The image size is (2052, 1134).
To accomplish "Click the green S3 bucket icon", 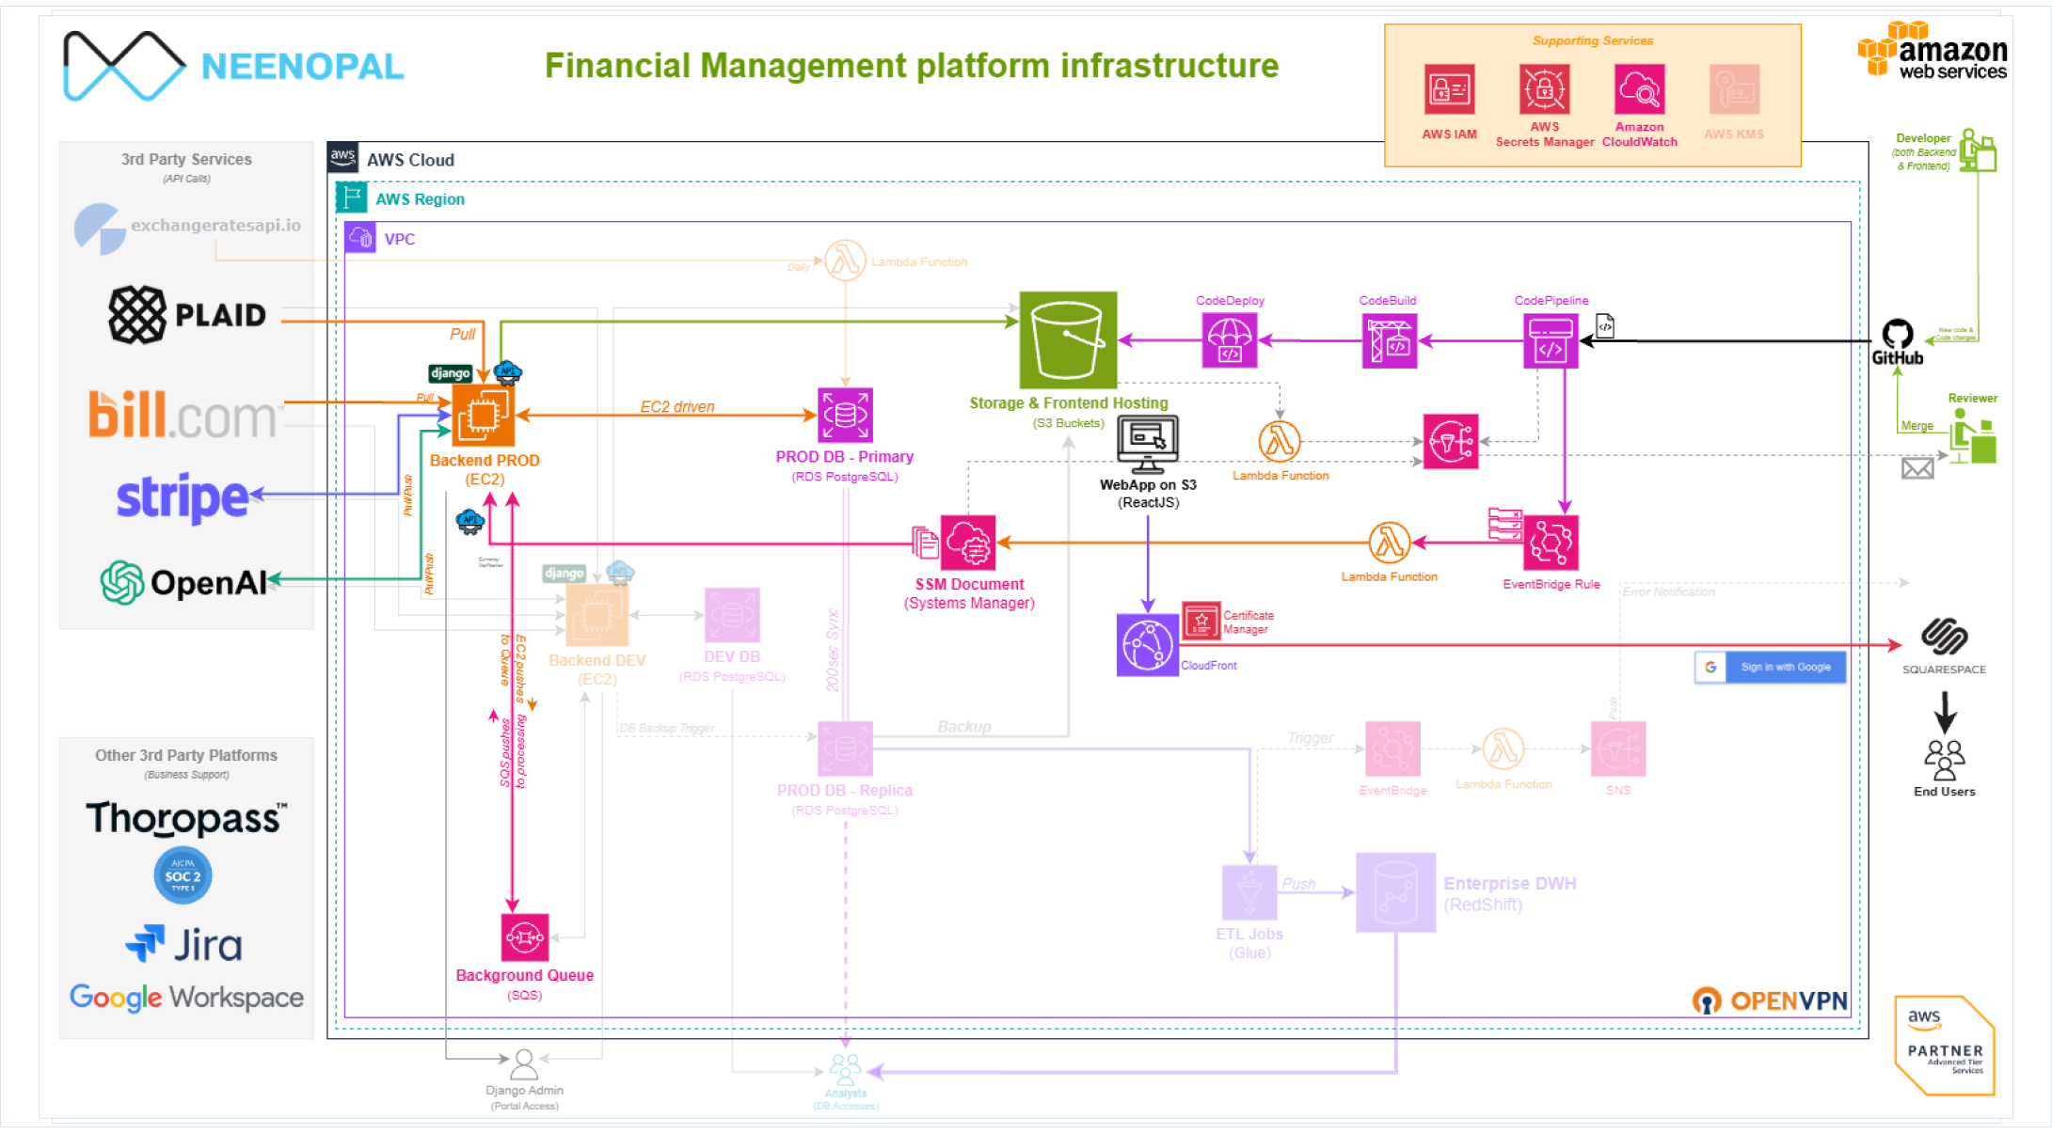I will [1068, 339].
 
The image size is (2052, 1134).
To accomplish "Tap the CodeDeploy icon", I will [1229, 340].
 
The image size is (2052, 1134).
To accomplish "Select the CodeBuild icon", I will [1389, 340].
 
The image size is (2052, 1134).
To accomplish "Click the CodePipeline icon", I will [1551, 340].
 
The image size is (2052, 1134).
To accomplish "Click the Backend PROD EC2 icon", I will [484, 415].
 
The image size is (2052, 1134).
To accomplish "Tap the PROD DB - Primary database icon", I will [845, 415].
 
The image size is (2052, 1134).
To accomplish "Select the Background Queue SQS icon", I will [524, 937].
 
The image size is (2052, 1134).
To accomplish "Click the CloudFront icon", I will [1147, 645].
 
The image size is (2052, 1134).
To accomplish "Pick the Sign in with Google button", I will [1770, 667].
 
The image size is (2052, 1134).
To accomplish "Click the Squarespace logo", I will [1944, 637].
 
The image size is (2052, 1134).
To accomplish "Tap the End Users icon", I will [1944, 760].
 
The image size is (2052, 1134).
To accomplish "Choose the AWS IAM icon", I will [1449, 90].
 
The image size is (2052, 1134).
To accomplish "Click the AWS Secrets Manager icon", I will [1544, 90].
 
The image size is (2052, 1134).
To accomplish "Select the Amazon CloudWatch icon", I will [1639, 90].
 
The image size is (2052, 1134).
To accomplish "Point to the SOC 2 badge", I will [183, 875].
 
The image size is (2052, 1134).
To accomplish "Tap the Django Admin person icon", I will [524, 1064].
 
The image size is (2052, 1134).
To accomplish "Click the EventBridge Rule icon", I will [1551, 543].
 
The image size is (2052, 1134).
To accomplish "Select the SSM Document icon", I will [968, 543].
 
